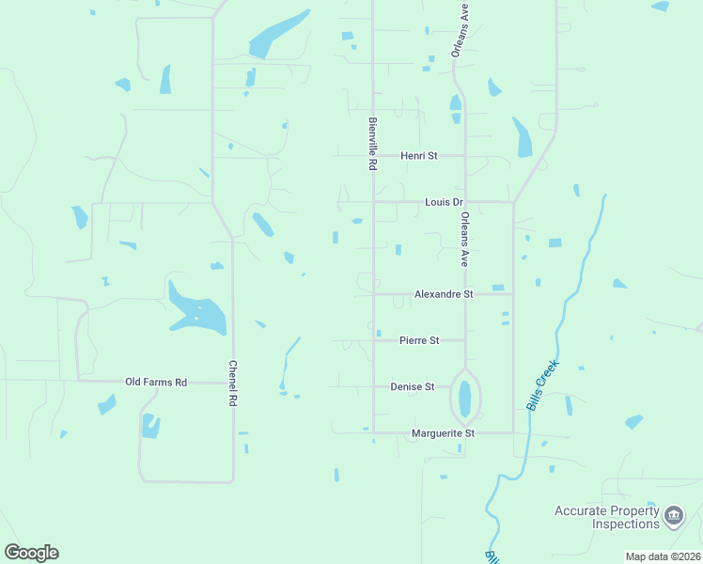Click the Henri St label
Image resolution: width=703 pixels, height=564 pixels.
pos(419,155)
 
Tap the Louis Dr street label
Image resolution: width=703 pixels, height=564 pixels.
pos(445,202)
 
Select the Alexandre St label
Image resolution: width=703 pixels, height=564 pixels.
pos(443,294)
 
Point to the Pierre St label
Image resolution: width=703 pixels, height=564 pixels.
pos(419,340)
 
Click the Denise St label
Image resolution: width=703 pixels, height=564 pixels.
pos(413,386)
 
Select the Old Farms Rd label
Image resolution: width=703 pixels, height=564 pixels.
pos(156,382)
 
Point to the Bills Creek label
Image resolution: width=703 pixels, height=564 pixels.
pos(542,384)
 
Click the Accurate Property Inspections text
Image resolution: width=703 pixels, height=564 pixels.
pos(606,517)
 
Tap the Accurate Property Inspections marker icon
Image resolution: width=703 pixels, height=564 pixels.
pos(674,515)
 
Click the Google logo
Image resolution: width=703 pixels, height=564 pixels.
pos(31,553)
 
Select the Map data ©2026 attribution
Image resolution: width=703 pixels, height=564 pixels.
pos(663,556)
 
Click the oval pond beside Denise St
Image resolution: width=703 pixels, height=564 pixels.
pos(464,399)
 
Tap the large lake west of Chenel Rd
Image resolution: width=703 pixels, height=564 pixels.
pos(199,311)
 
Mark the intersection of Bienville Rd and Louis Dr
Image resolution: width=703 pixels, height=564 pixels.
pos(374,201)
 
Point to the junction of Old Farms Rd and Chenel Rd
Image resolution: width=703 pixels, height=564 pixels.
pos(233,382)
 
